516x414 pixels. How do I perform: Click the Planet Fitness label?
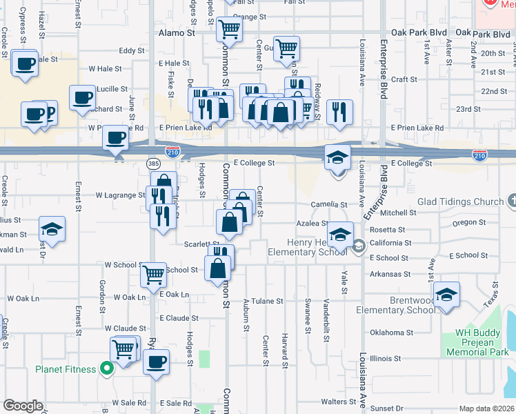click(66, 369)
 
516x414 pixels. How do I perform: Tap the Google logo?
click(23, 406)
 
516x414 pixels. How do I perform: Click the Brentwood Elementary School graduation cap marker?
click(446, 295)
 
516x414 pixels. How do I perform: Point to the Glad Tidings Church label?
click(460, 201)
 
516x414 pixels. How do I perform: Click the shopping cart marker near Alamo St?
click(228, 29)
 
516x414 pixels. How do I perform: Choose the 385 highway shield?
click(153, 163)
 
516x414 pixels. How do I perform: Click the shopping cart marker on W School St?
click(153, 275)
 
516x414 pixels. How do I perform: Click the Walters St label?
click(338, 402)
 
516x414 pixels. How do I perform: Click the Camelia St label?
click(329, 205)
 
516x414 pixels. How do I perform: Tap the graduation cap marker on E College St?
click(338, 157)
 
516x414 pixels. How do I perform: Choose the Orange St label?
click(249, 17)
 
